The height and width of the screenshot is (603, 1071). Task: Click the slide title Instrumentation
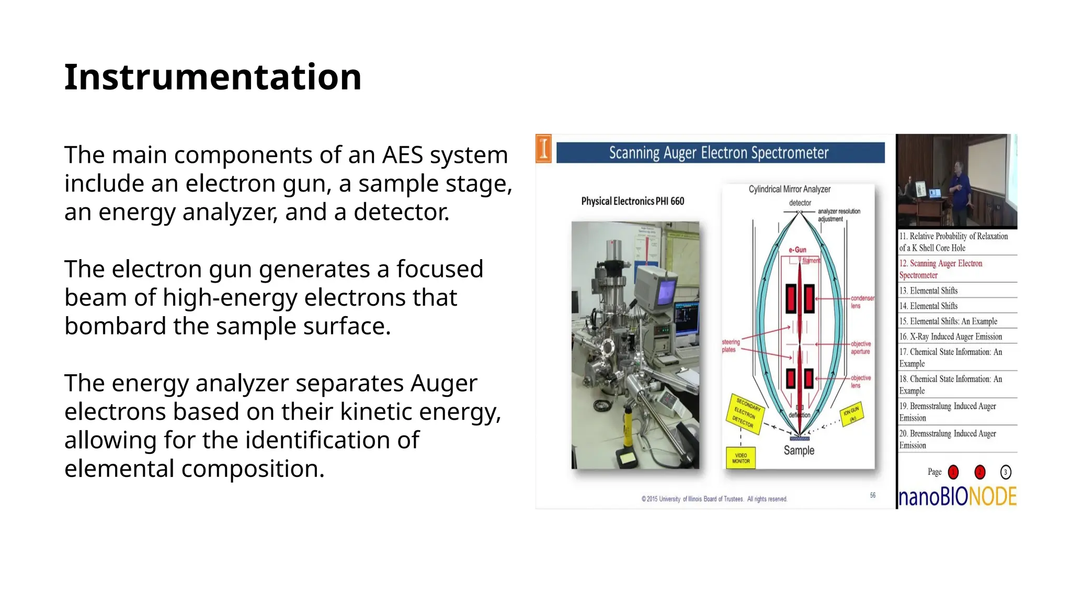[x=212, y=77]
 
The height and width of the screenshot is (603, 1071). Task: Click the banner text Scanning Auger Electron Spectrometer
[x=719, y=153]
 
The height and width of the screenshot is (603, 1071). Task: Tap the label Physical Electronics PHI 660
[x=632, y=201]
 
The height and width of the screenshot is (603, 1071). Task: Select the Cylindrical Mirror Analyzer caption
[x=789, y=189]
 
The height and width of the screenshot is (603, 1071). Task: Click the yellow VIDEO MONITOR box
[x=740, y=458]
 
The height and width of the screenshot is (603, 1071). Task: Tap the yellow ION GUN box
[x=851, y=414]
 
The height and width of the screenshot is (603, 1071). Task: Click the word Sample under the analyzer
[x=799, y=450]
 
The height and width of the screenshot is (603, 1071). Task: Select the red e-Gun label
[x=797, y=250]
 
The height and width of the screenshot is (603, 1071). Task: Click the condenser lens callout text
[x=862, y=301]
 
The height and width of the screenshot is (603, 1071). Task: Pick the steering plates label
[x=731, y=345]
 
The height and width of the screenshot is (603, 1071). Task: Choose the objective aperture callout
[x=860, y=348]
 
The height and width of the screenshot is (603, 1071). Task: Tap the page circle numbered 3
[x=1005, y=472]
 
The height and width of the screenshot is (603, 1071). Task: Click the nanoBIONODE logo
[x=957, y=496]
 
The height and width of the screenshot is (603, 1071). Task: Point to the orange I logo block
[x=544, y=149]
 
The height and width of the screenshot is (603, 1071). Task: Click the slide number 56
[x=872, y=495]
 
